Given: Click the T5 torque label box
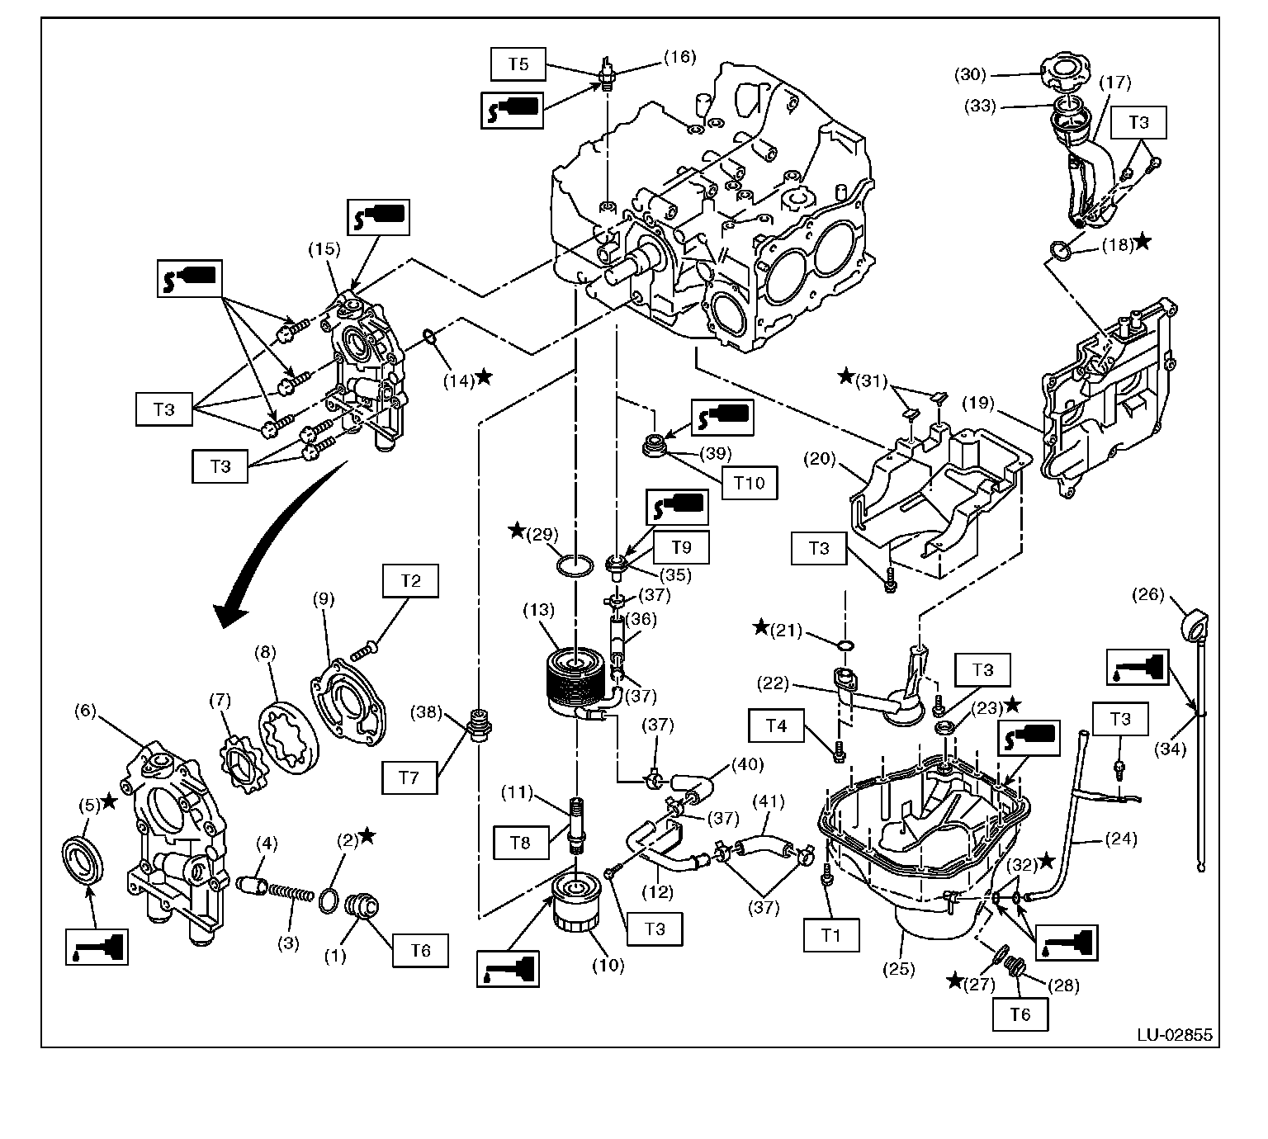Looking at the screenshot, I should point(518,64).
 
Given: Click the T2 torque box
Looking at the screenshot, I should point(410,581).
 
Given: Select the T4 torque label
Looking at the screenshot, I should point(776,726).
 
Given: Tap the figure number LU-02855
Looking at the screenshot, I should point(1174,1034).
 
